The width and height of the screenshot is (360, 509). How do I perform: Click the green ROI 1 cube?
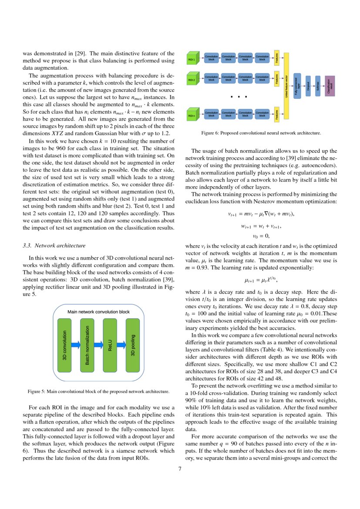(x=192, y=59)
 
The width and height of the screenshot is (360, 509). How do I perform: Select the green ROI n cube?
(x=192, y=115)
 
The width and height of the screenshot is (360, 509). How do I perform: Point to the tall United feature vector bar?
(x=286, y=86)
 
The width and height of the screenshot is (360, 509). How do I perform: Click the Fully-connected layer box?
(x=297, y=86)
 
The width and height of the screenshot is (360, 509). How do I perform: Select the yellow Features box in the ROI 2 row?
(x=276, y=79)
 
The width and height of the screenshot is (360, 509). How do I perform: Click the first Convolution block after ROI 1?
(x=211, y=57)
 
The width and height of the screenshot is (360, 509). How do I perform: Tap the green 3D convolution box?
(x=64, y=345)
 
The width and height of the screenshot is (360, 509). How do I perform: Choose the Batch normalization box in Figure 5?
(x=87, y=345)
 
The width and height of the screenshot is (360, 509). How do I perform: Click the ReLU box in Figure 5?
(x=110, y=345)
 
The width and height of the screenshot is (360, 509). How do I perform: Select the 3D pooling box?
(x=132, y=345)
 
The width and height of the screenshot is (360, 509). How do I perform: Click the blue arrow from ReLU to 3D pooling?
(x=121, y=345)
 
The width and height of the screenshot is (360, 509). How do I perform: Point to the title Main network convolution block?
(x=98, y=312)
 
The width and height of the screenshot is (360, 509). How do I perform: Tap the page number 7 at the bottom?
(x=180, y=469)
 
